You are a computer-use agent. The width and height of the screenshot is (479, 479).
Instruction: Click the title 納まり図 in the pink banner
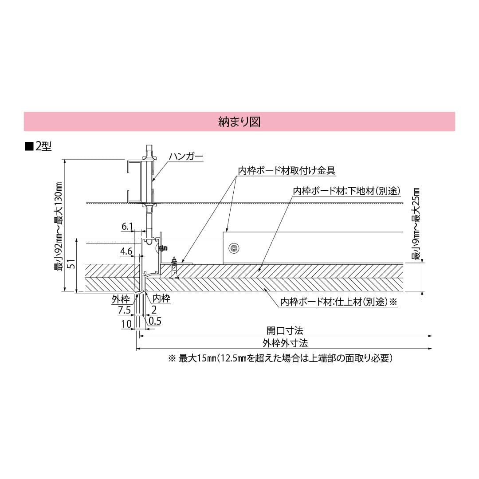[x=239, y=122]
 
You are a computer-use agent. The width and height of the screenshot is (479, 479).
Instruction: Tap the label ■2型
[x=39, y=146]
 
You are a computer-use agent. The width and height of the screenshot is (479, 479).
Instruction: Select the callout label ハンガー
[x=186, y=157]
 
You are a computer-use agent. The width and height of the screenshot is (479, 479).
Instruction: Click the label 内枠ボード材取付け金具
[x=287, y=170]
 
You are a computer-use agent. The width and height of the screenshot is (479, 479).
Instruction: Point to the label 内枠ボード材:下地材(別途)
[x=347, y=191]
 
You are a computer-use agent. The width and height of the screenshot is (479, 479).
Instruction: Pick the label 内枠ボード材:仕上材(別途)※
[x=338, y=302]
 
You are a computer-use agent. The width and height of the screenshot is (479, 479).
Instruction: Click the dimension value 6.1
[x=127, y=227]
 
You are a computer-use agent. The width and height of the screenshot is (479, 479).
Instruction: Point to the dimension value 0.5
[x=155, y=320]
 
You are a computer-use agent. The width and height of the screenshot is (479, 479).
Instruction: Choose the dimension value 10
[x=126, y=324]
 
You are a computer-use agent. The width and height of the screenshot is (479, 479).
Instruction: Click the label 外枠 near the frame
[x=121, y=299]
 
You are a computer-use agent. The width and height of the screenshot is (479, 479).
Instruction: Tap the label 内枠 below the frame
[x=161, y=298]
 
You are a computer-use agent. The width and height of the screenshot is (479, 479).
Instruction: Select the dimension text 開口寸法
[x=285, y=330]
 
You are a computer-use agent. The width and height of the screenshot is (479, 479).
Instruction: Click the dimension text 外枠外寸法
[x=285, y=343]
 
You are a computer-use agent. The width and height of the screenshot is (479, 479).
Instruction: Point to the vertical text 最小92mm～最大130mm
[x=58, y=226]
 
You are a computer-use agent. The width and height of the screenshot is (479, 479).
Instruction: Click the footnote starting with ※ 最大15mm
[x=280, y=358]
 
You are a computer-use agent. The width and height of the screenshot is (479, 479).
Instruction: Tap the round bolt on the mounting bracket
[x=233, y=248]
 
